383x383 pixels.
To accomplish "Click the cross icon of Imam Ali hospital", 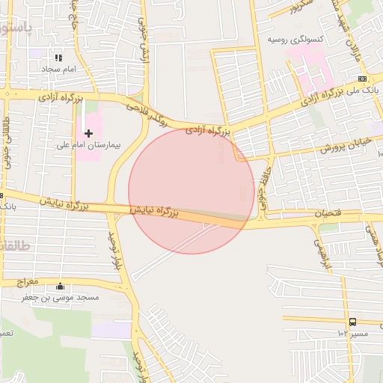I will click(89, 133).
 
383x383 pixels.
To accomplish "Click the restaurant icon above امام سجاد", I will click(58, 58).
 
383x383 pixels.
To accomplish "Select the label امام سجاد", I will click(55, 68).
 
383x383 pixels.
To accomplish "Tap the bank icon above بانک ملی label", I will click(362, 79).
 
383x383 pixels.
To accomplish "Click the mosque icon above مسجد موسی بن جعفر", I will click(60, 287).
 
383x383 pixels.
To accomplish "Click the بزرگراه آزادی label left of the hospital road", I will click(53, 97).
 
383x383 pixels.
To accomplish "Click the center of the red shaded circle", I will click(191, 191).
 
